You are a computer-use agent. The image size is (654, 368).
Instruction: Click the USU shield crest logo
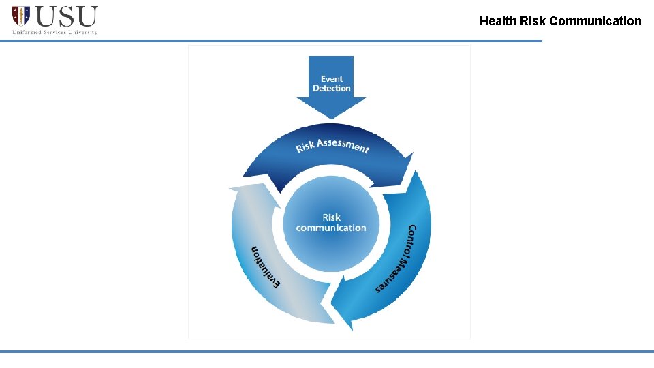pos(21,16)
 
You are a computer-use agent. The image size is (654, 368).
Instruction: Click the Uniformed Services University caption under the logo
pos(54,32)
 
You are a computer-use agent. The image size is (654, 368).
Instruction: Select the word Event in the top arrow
pos(332,79)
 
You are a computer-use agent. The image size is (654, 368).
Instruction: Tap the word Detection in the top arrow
pos(332,89)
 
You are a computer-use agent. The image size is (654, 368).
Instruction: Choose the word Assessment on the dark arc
pos(343,144)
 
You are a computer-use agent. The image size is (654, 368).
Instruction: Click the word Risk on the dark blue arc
pos(305,147)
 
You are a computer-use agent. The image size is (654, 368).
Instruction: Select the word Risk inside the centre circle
pos(332,217)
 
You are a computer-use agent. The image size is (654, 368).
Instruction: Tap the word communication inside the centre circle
pos(331,228)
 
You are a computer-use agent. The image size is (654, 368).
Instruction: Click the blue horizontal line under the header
pos(272,41)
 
